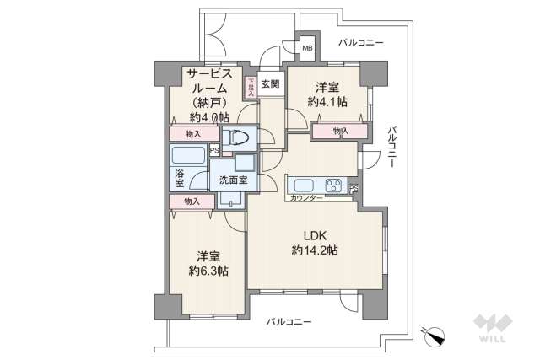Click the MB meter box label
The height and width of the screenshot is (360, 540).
coord(307,48)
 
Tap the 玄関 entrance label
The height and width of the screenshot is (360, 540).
coord(270,83)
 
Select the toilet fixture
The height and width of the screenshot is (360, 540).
coord(240,137)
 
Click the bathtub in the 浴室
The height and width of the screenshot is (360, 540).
coord(187,156)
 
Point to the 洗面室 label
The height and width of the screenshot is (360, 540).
coord(233,180)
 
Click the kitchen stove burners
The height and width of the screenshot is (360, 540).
coord(333,185)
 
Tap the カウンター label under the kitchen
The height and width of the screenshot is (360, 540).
coord(305,198)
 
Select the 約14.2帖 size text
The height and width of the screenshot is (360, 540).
coord(316,250)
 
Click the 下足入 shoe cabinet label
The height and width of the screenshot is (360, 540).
coord(251,86)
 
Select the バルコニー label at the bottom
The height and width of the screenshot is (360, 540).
coord(288,322)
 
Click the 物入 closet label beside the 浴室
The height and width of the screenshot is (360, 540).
coord(192,201)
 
